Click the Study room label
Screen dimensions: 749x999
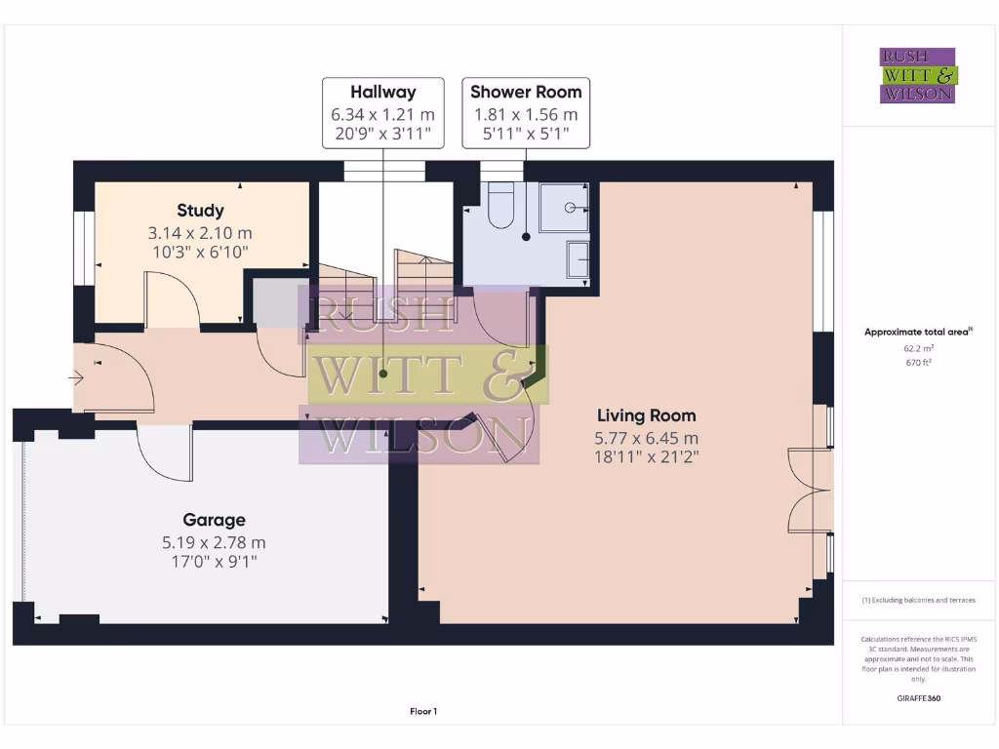(x=200, y=210)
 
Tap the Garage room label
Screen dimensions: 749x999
(x=214, y=520)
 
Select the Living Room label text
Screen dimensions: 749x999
(x=647, y=415)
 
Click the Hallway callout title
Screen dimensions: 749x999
(x=382, y=92)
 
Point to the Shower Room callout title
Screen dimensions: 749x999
(x=526, y=92)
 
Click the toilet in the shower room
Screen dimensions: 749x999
(x=500, y=207)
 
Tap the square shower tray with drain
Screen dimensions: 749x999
(x=564, y=207)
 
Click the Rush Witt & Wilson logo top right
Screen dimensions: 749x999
(x=919, y=75)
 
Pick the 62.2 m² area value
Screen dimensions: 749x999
(x=918, y=347)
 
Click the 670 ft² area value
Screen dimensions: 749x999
(x=918, y=362)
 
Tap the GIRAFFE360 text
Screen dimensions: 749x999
(x=918, y=698)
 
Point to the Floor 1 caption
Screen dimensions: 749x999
(x=422, y=712)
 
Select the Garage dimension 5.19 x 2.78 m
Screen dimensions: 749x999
(x=214, y=542)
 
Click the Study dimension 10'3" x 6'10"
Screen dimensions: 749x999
(x=200, y=252)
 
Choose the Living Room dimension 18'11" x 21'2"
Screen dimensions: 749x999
(x=647, y=455)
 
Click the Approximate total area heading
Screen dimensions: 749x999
(x=917, y=332)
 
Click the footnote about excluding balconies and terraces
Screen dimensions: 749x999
(x=918, y=600)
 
